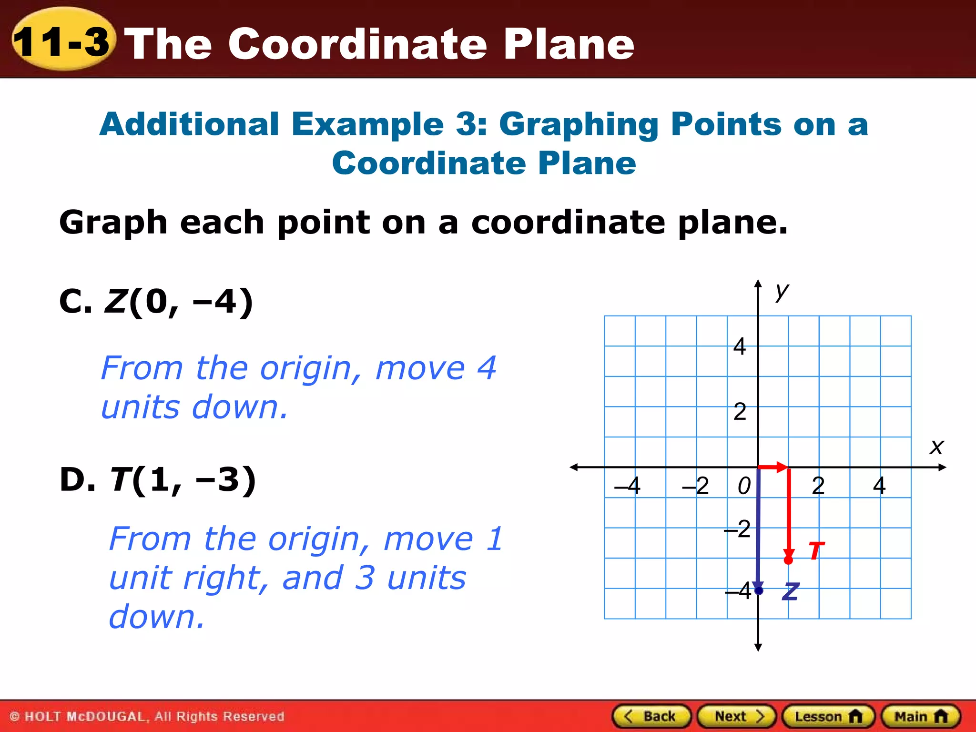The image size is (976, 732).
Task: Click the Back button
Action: pyautogui.click(x=651, y=716)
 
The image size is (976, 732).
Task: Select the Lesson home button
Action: pyautogui.click(x=828, y=716)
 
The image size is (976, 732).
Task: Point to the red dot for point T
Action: pyautogui.click(x=789, y=560)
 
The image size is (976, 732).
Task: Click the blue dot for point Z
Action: pyautogui.click(x=759, y=591)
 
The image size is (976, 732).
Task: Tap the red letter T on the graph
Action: pyautogui.click(x=816, y=551)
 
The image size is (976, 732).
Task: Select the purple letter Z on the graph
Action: pyautogui.click(x=791, y=591)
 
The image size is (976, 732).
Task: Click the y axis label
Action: pyautogui.click(x=782, y=290)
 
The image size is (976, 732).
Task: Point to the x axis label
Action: pyautogui.click(x=936, y=447)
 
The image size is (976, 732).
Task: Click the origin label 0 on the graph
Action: pyautogui.click(x=744, y=486)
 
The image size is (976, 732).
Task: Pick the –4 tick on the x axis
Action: pyautogui.click(x=628, y=486)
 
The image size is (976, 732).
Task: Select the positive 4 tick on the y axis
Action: pyautogui.click(x=740, y=346)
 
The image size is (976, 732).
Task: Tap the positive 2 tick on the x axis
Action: pyautogui.click(x=818, y=486)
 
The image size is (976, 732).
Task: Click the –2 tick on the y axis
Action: pyautogui.click(x=738, y=529)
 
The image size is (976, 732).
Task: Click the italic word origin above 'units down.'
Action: pyautogui.click(x=305, y=368)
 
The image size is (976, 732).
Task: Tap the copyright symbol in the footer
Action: pyautogui.click(x=15, y=716)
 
